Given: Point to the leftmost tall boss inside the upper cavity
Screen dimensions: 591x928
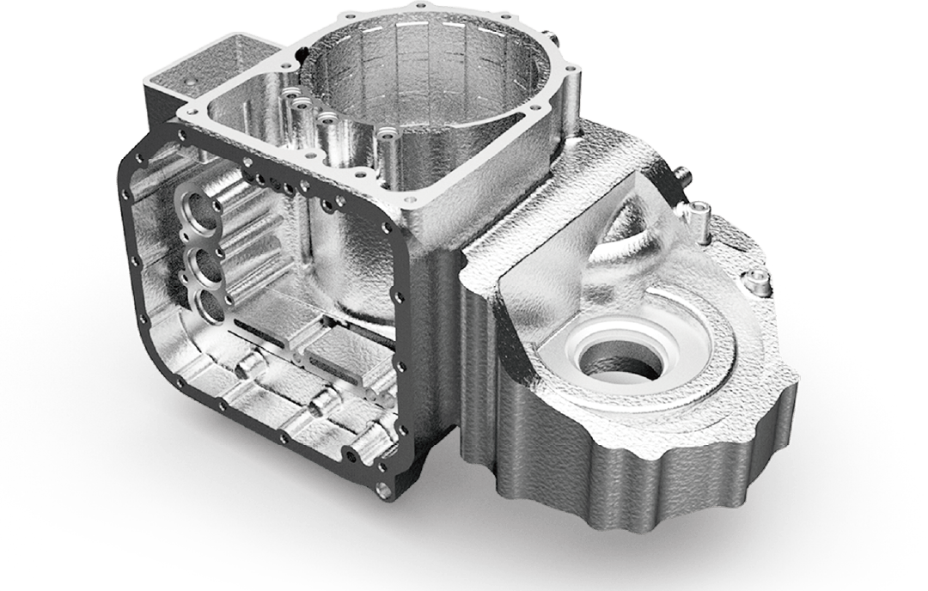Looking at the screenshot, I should point(284,90).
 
